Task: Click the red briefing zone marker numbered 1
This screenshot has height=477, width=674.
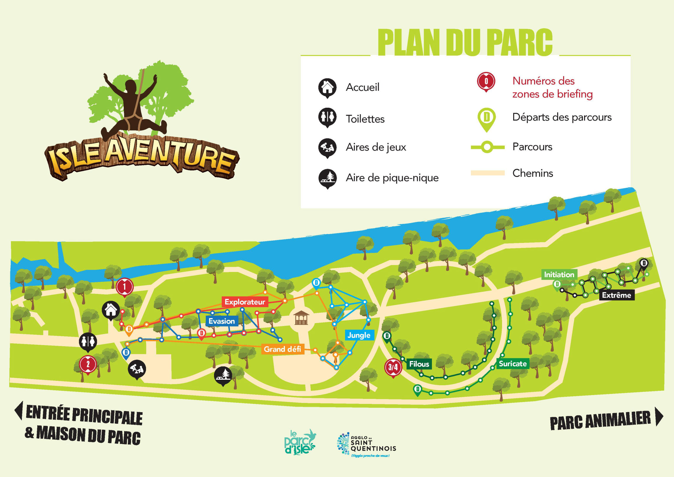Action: [x=124, y=286]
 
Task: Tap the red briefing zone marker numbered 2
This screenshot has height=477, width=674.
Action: [x=88, y=364]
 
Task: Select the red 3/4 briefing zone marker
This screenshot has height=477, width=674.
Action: [x=393, y=367]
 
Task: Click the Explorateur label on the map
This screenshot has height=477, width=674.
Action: [x=245, y=302]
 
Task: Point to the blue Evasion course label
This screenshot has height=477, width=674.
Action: [x=222, y=321]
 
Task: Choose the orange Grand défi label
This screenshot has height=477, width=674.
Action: [x=282, y=349]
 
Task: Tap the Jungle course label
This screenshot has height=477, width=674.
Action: [x=359, y=335]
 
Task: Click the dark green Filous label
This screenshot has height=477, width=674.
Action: [x=419, y=364]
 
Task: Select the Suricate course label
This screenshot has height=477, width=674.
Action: [x=513, y=364]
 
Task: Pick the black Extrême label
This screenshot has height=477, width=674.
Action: [x=617, y=295]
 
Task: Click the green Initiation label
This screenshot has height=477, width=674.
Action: [x=559, y=275]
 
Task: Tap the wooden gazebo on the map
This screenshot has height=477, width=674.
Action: [x=301, y=318]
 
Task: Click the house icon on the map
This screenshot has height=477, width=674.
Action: [x=111, y=310]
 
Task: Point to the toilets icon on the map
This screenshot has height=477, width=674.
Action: [x=88, y=341]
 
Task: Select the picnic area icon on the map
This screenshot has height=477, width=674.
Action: [x=223, y=375]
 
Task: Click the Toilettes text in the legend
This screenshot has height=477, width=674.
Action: [x=365, y=119]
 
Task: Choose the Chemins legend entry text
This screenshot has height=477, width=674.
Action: [x=533, y=173]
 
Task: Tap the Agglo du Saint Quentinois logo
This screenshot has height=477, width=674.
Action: [x=367, y=444]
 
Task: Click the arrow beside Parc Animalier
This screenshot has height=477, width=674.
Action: [x=659, y=417]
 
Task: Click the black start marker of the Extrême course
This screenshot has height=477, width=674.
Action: [x=644, y=263]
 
